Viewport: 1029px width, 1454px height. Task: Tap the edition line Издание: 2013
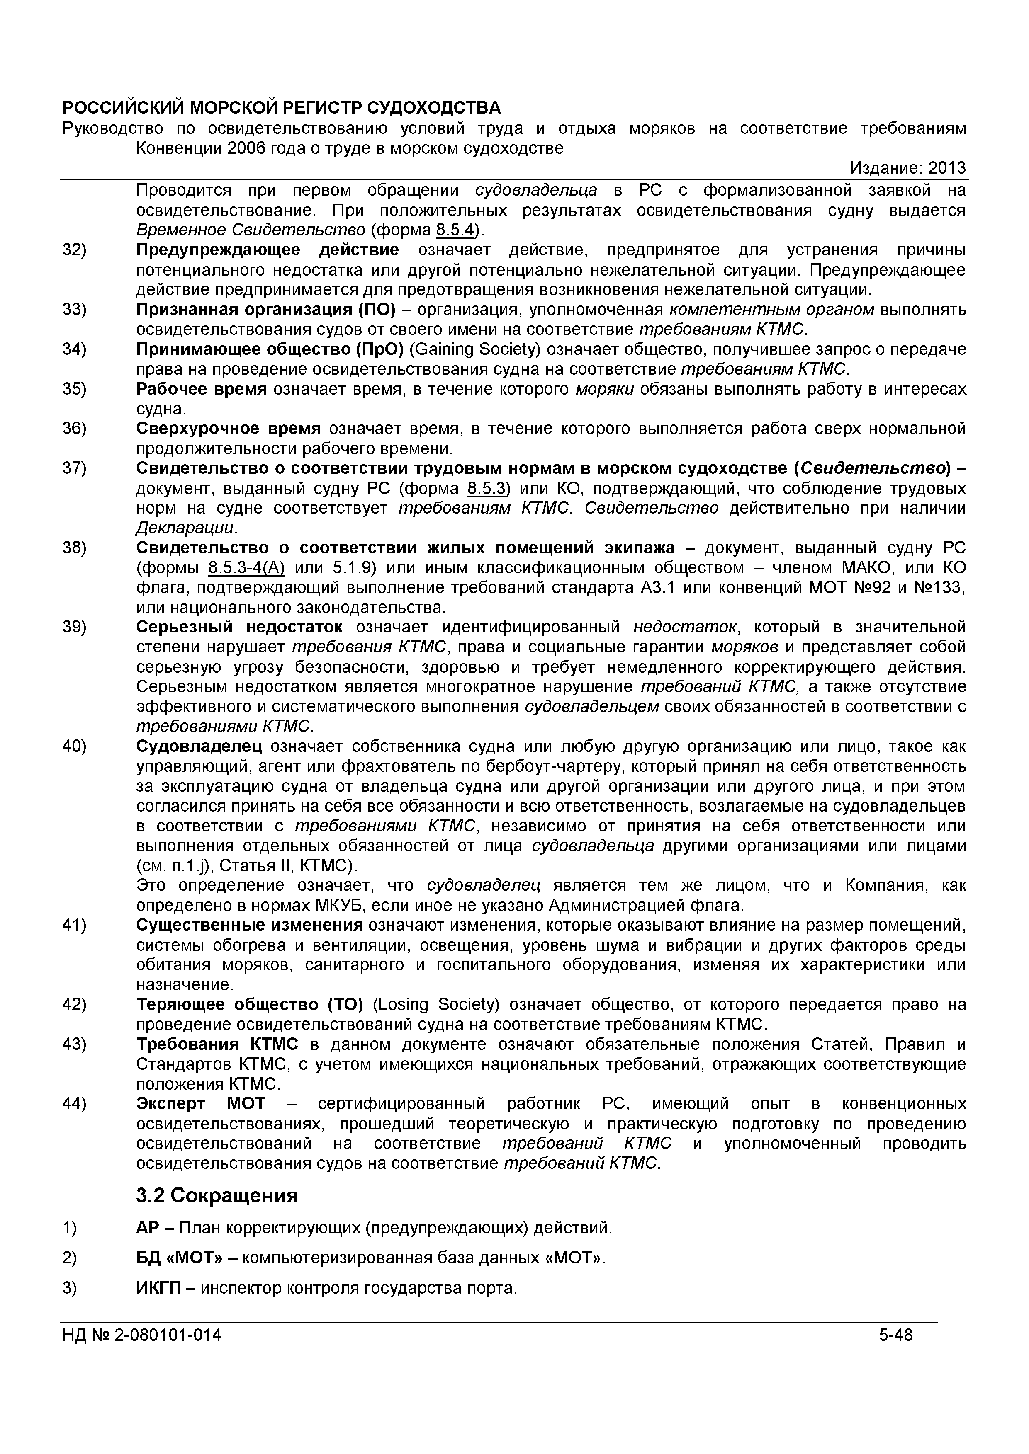click(907, 168)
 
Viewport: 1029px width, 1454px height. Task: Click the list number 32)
click(74, 250)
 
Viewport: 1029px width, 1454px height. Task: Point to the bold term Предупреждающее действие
click(268, 250)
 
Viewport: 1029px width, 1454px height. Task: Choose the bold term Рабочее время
click(202, 389)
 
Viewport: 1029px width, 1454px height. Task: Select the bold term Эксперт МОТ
click(202, 1104)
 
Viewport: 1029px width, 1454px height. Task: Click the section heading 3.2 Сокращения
click(217, 1196)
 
